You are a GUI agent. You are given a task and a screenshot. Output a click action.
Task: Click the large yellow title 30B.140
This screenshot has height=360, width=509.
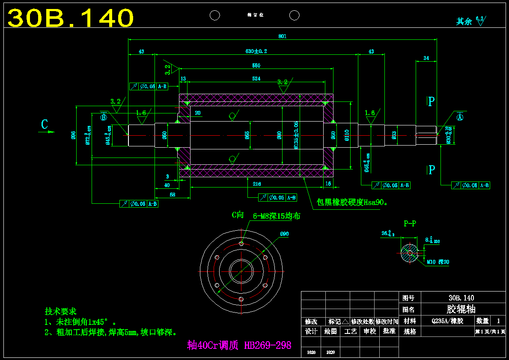71,18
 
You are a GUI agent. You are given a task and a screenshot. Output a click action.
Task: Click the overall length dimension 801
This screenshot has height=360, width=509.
282,36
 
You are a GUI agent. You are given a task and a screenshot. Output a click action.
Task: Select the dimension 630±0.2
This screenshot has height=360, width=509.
256,51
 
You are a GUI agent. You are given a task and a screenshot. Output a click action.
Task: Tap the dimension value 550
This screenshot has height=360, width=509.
256,65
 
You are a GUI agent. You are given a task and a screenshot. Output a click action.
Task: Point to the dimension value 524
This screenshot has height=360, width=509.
256,79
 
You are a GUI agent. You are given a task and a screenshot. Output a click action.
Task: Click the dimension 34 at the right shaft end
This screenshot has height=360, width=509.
426,58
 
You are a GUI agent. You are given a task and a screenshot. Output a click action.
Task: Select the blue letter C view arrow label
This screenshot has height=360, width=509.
45,125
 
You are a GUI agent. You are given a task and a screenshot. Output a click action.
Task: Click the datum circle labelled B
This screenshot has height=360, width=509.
103,117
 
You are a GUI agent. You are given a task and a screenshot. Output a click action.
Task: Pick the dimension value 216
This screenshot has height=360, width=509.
256,184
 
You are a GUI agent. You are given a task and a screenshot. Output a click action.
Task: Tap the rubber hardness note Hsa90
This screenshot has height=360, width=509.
352,202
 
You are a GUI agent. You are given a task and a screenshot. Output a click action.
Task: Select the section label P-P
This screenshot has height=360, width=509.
410,223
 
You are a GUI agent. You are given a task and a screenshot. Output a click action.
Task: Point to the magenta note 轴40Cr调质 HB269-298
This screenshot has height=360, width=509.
239,345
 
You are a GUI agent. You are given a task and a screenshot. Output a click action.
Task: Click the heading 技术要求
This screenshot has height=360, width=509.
60,311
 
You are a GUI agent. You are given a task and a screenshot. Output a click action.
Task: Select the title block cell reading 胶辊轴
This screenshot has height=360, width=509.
461,309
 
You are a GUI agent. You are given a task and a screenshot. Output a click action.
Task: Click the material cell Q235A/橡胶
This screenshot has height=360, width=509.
447,321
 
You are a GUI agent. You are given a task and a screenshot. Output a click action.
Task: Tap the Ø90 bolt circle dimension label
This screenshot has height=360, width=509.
284,234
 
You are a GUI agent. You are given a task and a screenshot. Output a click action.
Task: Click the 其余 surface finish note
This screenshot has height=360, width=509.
464,21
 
